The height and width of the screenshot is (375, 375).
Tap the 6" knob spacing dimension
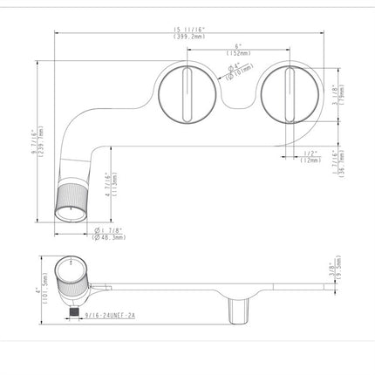point(236,46)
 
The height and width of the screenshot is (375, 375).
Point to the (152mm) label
point(236,53)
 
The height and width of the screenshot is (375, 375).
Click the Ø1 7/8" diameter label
point(108,229)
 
